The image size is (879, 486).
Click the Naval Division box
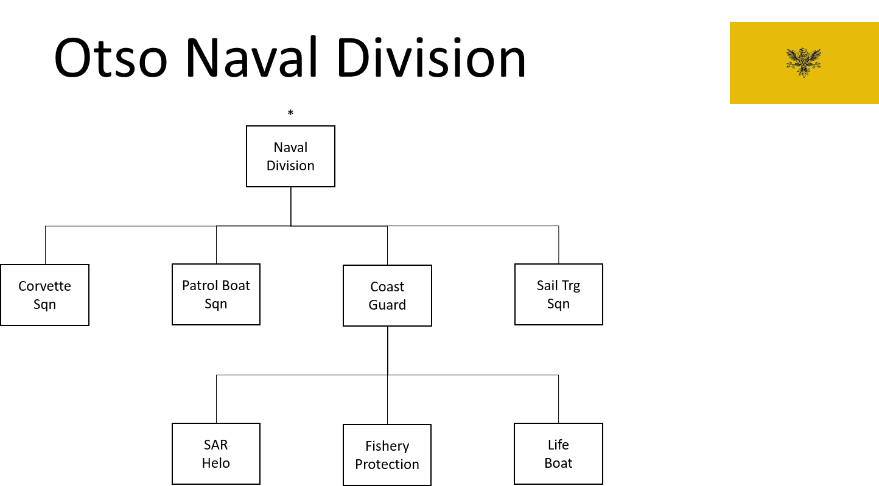290,156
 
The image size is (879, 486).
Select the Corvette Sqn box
44,295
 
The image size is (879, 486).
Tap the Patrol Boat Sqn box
216,294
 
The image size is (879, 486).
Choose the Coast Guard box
387,296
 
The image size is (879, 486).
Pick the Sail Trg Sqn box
558,294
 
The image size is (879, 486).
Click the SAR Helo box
216,453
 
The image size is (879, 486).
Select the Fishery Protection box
387,455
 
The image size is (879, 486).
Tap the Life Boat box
558,453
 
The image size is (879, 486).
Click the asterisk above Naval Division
290,113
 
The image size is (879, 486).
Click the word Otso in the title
111,58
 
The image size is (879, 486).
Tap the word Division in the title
431,57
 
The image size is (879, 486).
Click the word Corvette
44,286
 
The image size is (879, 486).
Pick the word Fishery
387,446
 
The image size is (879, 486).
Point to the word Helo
216,463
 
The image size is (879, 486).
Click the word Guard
387,305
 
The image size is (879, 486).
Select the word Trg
571,286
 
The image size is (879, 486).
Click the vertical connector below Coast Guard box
388,351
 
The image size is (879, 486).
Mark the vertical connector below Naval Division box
291,207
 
